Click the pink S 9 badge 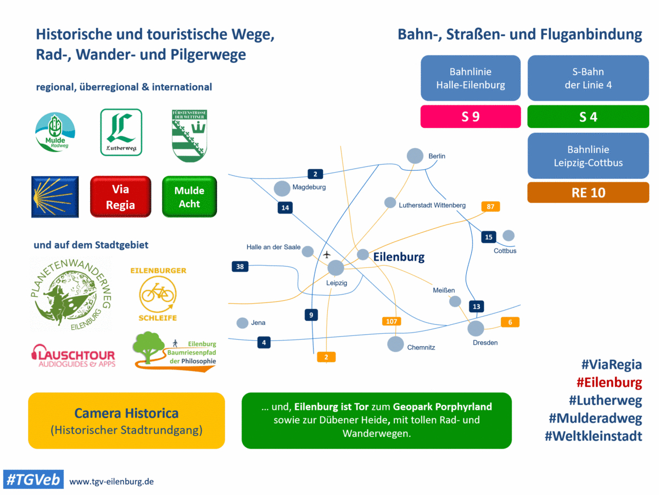click(x=471, y=116)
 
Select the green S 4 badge click(x=588, y=116)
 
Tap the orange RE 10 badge click(x=588, y=193)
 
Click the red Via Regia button click(x=120, y=197)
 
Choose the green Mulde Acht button click(x=189, y=197)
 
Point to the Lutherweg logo click(x=121, y=132)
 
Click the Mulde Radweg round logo click(x=55, y=132)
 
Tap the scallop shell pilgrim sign click(x=55, y=197)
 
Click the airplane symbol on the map click(x=327, y=255)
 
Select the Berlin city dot click(x=415, y=156)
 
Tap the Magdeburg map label click(x=309, y=187)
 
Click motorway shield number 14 click(x=285, y=207)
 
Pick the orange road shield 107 click(x=392, y=321)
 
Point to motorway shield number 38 click(x=240, y=266)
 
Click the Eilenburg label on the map click(x=399, y=257)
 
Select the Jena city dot click(x=242, y=323)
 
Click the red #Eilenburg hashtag click(x=609, y=383)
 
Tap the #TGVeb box click(x=33, y=480)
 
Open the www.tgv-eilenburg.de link click(x=111, y=481)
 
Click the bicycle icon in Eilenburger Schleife click(x=158, y=293)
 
